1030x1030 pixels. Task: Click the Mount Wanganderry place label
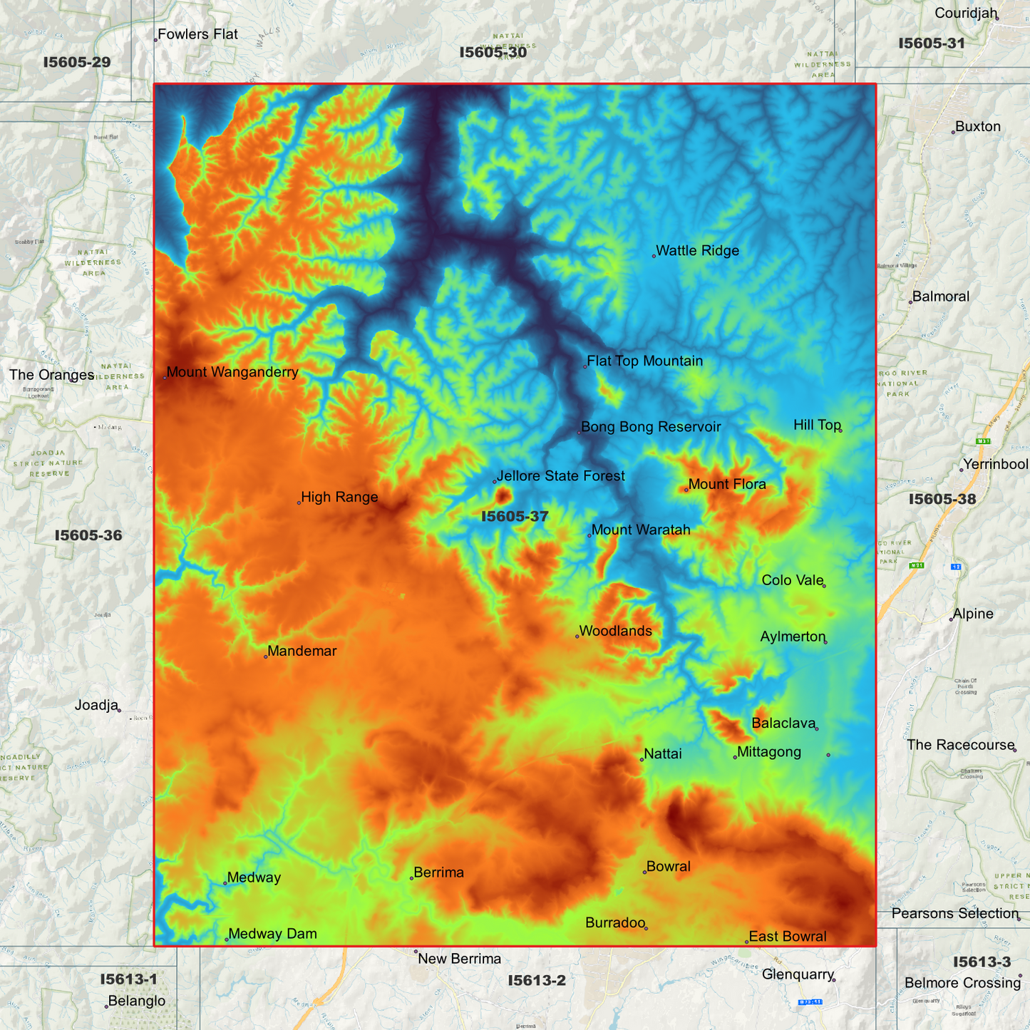(232, 372)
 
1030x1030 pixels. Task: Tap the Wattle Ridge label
(697, 251)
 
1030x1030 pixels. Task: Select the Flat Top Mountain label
(644, 361)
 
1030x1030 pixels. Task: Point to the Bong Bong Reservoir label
(651, 427)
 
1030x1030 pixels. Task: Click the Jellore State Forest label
(561, 476)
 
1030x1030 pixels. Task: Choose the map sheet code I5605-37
(515, 516)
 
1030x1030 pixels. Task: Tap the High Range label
(339, 498)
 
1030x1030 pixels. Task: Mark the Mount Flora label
(727, 485)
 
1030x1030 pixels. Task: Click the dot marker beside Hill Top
(840, 431)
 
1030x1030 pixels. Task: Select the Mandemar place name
(302, 652)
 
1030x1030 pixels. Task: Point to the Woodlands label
(615, 632)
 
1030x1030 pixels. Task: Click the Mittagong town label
(769, 752)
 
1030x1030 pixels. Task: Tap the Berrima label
(438, 873)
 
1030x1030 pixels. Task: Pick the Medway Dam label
(272, 934)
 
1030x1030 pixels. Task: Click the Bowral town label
(668, 867)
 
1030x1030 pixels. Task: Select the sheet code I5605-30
(493, 52)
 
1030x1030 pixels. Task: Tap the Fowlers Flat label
(197, 34)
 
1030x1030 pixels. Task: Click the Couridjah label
(965, 14)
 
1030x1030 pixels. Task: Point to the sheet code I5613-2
(536, 981)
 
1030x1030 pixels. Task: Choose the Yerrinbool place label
(995, 465)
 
